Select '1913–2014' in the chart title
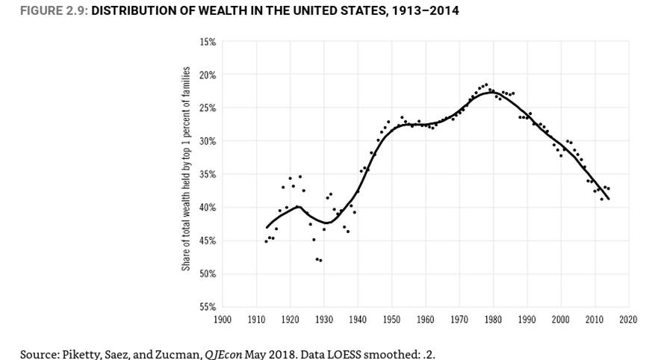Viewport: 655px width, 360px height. pyautogui.click(x=426, y=10)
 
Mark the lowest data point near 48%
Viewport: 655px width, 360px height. pyautogui.click(x=320, y=260)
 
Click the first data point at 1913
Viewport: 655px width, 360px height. pyautogui.click(x=266, y=241)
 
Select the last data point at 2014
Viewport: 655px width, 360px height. pyautogui.click(x=609, y=188)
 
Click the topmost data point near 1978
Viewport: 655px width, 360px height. pyautogui.click(x=486, y=84)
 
